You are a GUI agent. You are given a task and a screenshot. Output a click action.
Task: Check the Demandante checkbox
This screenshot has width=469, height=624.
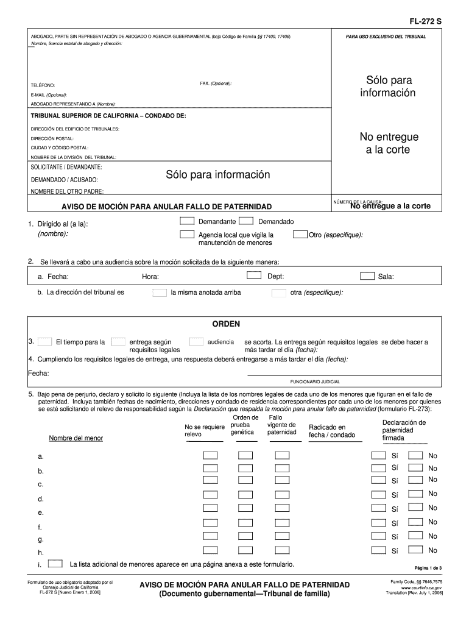pos(187,221)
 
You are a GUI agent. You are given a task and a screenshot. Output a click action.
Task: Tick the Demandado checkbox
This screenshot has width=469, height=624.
pos(246,221)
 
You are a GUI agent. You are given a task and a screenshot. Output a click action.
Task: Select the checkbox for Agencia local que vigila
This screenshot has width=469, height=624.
pos(187,235)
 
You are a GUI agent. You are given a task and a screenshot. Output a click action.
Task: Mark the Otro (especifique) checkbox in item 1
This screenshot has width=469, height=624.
pos(300,235)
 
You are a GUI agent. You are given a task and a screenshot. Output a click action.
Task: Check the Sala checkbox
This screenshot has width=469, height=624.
pos(367,276)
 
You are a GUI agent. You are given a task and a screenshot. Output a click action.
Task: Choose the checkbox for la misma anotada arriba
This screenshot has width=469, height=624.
pos(159,292)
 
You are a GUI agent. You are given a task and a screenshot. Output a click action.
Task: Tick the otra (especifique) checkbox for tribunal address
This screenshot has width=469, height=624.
pos(279,292)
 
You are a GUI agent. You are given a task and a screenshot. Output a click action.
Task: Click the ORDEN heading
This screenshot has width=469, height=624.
pos(225,324)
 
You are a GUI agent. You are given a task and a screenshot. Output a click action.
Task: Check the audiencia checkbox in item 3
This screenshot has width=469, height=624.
pos(196,342)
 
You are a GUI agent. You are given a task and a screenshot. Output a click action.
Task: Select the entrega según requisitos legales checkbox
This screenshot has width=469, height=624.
pos(119,342)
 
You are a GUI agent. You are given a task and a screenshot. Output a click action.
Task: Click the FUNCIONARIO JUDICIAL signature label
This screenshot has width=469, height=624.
pos(315,381)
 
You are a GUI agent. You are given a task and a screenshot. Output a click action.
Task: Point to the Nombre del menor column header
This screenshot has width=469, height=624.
pos(76,438)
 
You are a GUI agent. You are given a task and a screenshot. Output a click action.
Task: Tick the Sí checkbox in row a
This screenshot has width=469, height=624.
pos(378,456)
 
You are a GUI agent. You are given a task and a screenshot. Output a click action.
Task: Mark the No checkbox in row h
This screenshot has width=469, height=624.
pos(415,550)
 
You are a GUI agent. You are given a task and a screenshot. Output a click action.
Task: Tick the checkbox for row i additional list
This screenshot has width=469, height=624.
pos(55,563)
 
